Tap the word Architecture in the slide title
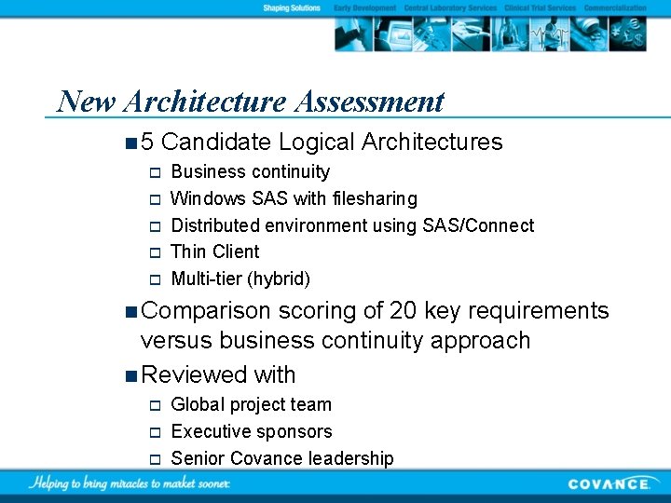tap(202, 101)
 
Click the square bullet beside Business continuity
tap(156, 172)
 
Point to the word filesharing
tap(374, 198)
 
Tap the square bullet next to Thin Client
tap(156, 252)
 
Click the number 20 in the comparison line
tap(404, 311)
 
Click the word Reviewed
tap(194, 375)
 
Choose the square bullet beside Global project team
tap(156, 405)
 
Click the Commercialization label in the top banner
tap(615, 7)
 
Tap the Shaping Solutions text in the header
tap(292, 7)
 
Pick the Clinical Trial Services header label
tap(541, 7)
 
